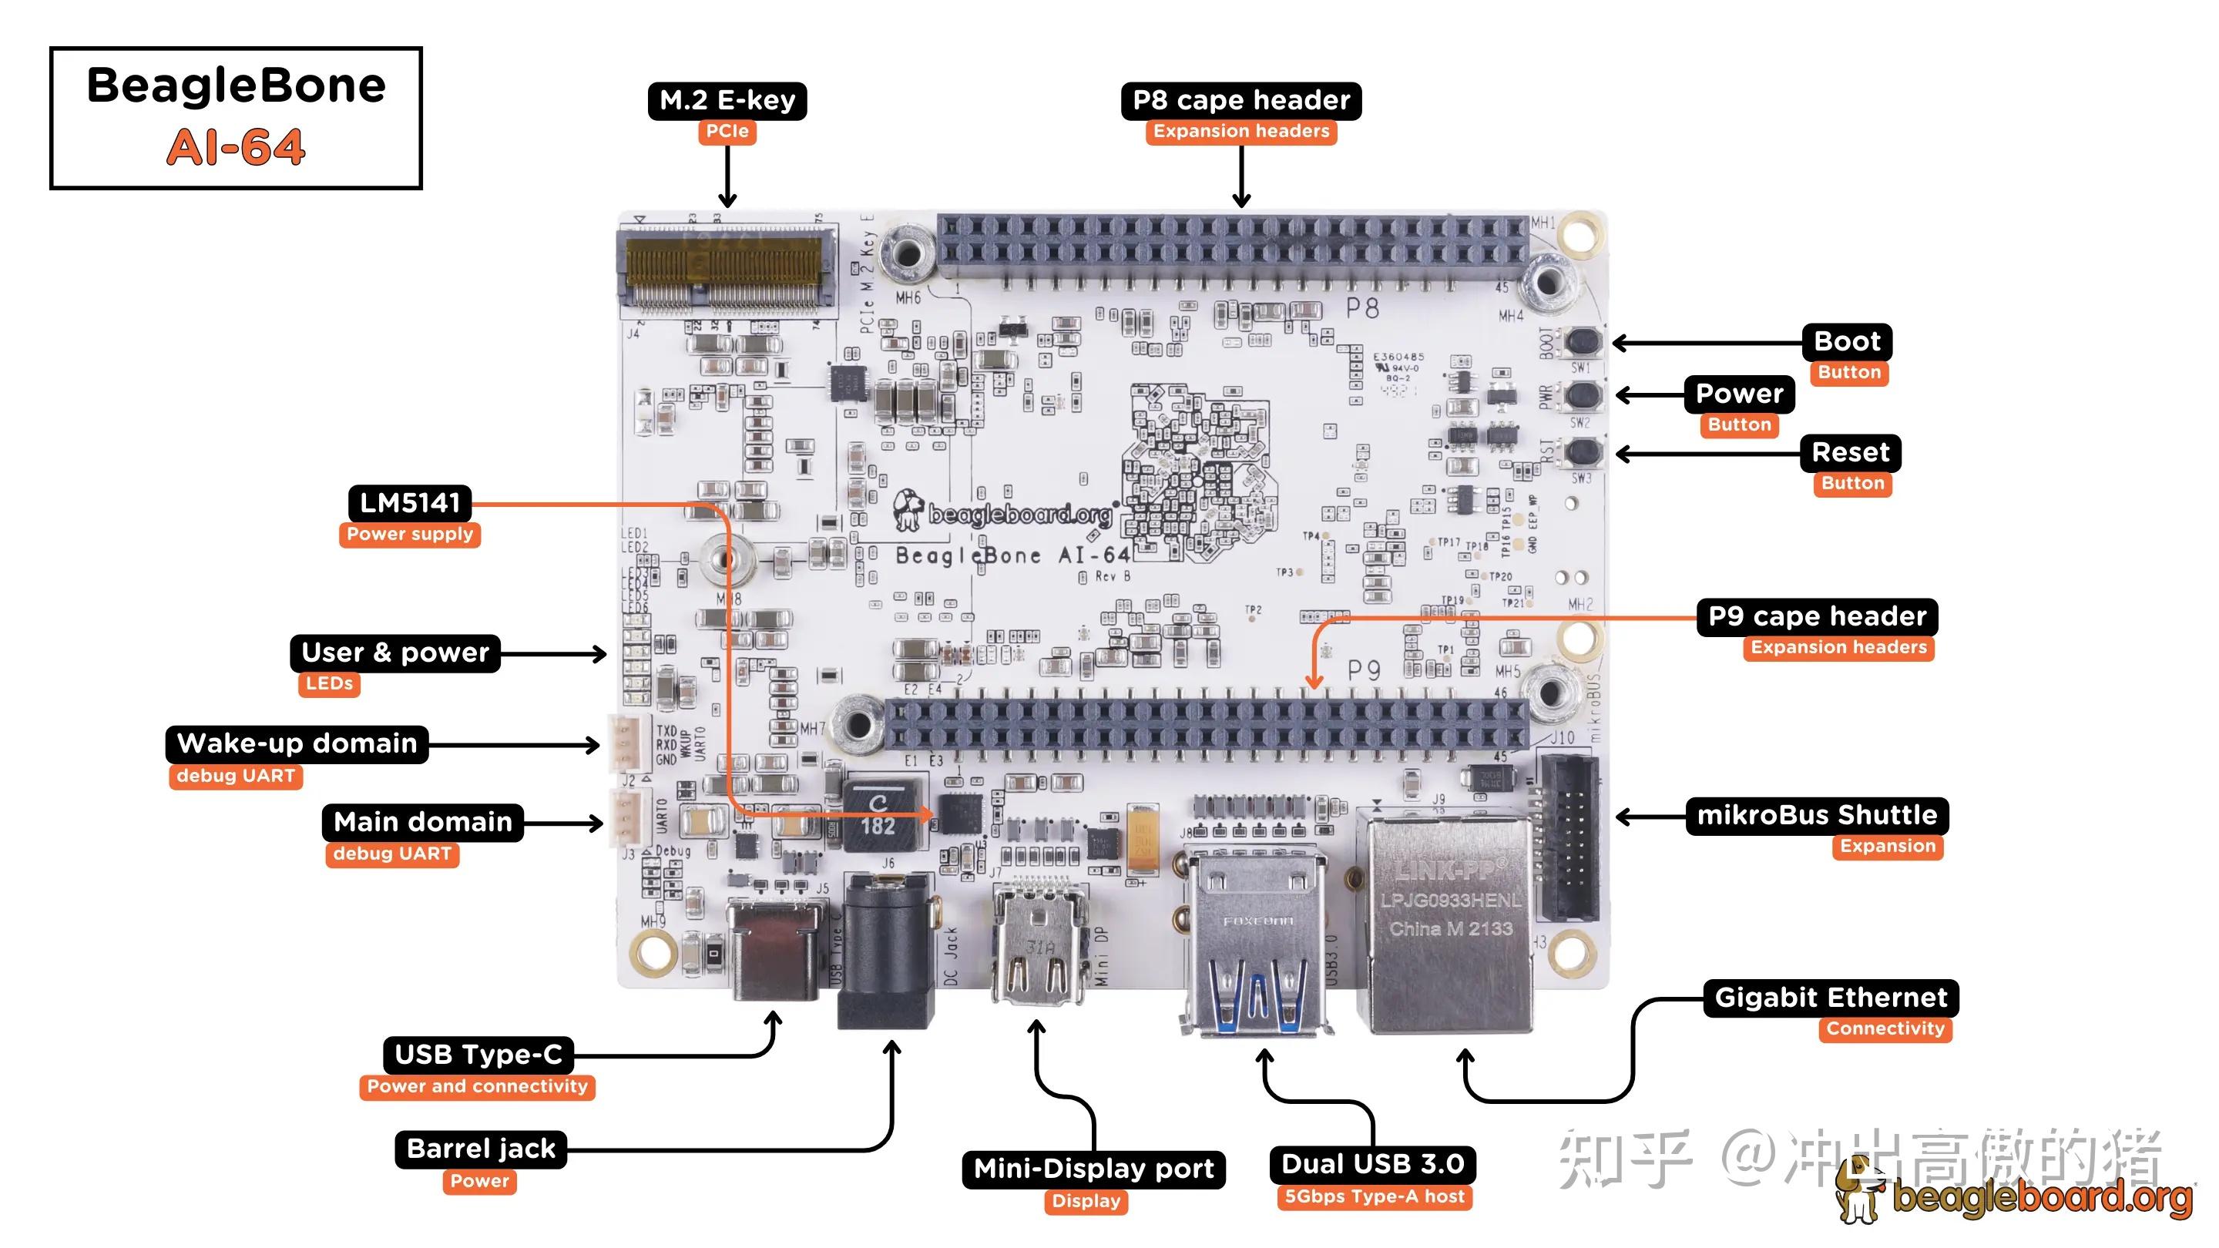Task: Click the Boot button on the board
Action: coord(1583,342)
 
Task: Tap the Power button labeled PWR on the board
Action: coord(1583,395)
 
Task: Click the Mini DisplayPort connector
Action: coord(1038,948)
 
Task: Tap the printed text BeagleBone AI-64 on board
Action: coord(1012,555)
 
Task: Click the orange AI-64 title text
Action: coord(235,147)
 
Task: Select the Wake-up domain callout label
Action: coord(297,743)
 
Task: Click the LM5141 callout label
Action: coord(409,503)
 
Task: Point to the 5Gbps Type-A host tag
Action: coord(1373,1196)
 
